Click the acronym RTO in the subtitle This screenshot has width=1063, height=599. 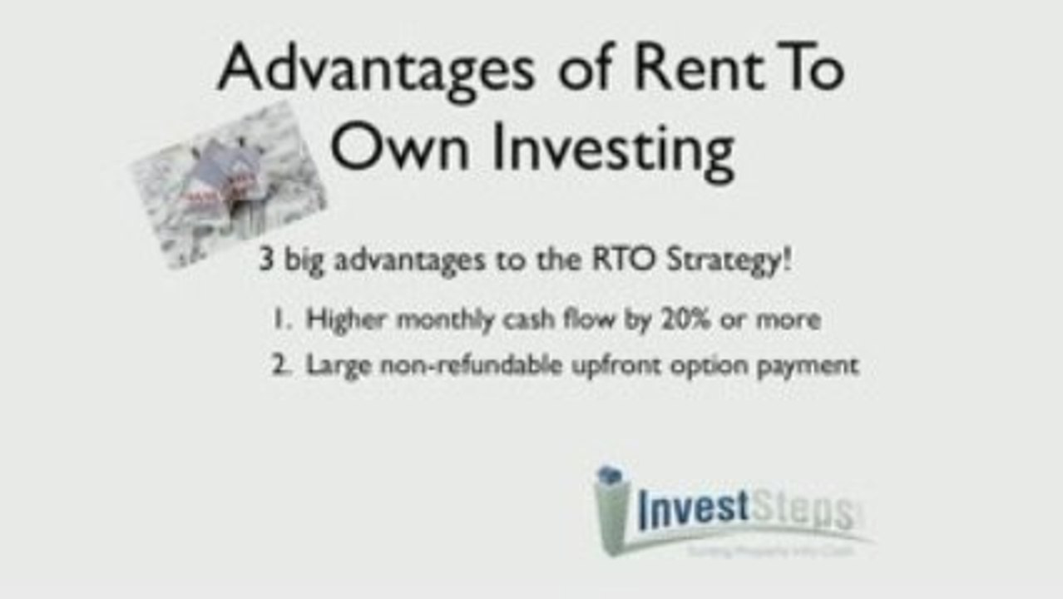pos(633,260)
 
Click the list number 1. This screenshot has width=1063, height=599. pos(279,319)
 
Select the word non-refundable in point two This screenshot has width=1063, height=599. pos(470,364)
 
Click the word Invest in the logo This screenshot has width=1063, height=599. pos(694,509)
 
